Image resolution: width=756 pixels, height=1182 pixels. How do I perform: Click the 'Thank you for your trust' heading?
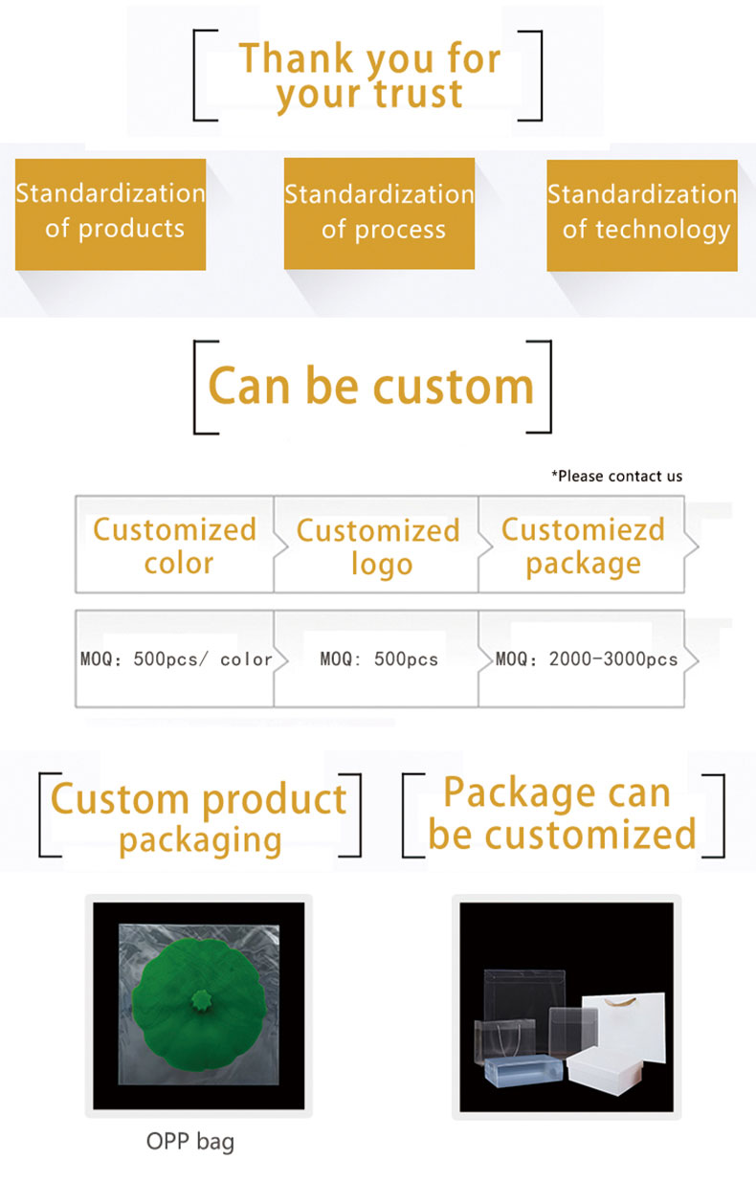[x=369, y=76]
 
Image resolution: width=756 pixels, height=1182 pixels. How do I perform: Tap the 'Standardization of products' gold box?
[x=110, y=214]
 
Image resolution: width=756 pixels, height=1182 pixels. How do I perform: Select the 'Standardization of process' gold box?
[x=379, y=213]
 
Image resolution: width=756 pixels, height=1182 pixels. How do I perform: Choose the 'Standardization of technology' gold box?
[x=642, y=215]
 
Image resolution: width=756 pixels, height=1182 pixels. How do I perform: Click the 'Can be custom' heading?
[x=371, y=387]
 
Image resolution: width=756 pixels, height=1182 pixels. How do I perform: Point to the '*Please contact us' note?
[x=616, y=476]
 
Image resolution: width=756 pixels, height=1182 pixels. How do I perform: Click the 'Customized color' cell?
[x=174, y=545]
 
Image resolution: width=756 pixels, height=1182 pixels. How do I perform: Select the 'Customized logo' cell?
[x=377, y=545]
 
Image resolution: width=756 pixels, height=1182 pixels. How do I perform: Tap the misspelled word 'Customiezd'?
[x=583, y=529]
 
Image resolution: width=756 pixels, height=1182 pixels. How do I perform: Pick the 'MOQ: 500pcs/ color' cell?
[x=174, y=659]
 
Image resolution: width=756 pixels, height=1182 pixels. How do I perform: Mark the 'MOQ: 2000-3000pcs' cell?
[x=582, y=659]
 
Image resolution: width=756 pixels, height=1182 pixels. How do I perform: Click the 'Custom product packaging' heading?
[x=199, y=818]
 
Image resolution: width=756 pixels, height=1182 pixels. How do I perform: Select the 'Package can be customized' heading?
[x=562, y=814]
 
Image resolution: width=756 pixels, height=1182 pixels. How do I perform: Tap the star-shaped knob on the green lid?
[x=200, y=1000]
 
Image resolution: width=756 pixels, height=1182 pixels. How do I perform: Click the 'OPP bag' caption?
[x=189, y=1142]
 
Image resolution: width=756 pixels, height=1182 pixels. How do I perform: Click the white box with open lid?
[x=604, y=1070]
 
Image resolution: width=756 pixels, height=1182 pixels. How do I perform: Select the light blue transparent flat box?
[x=523, y=1071]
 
